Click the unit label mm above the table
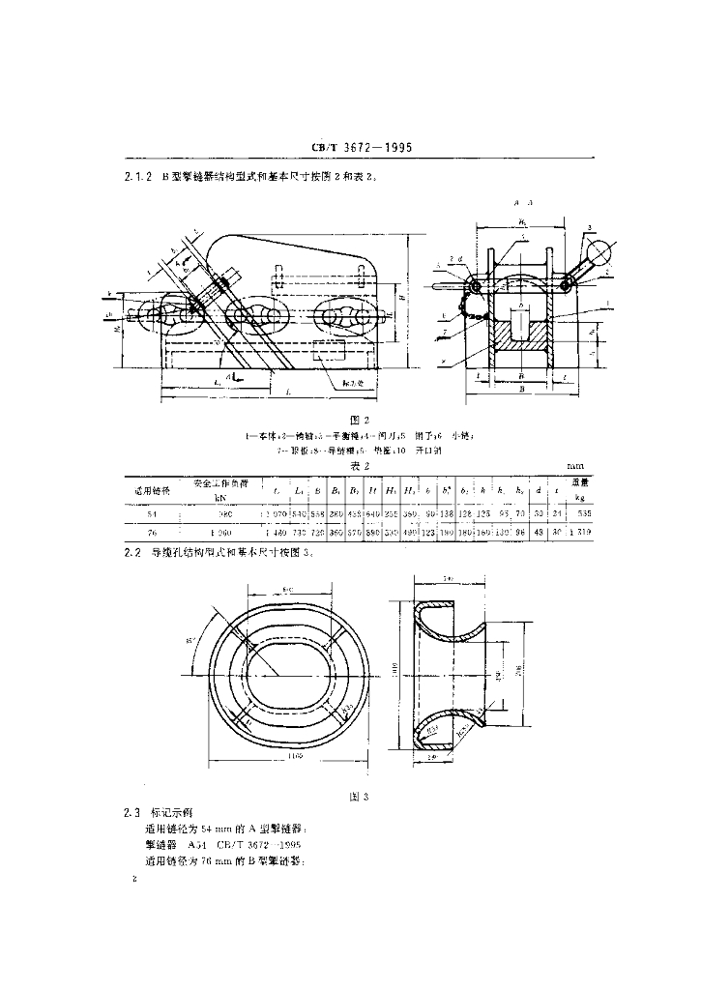576,466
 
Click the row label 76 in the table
149,533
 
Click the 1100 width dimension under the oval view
291,756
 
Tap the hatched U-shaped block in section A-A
520,339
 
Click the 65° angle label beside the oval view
189,641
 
